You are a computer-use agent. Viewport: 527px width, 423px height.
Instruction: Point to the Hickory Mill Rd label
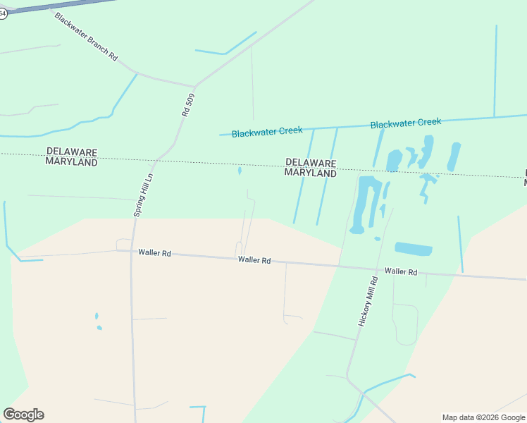368,300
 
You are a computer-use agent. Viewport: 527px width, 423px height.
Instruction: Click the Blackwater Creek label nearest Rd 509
267,132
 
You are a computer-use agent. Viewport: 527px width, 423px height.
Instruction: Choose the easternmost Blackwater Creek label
406,123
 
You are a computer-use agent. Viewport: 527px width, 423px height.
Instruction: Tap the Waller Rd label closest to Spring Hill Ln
155,252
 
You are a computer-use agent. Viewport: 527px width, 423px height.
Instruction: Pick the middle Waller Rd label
254,260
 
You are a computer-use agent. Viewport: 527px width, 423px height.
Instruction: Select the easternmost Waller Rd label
401,271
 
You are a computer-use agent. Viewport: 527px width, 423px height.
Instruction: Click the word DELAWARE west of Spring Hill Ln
71,152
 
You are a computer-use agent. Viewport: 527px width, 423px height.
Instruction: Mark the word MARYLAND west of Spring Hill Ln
71,161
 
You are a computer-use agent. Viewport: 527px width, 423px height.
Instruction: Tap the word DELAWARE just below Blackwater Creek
311,162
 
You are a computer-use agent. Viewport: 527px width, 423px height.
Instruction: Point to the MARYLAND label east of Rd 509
311,173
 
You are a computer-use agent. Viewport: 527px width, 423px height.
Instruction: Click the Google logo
24,415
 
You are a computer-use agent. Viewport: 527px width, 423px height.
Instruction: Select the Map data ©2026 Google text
484,417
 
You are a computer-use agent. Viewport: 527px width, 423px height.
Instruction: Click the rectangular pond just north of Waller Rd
414,249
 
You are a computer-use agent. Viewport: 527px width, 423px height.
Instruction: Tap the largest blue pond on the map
366,203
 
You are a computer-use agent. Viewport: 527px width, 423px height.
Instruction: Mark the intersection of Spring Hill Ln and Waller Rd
132,251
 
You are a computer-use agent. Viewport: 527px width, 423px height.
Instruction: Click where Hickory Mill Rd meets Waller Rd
340,266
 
